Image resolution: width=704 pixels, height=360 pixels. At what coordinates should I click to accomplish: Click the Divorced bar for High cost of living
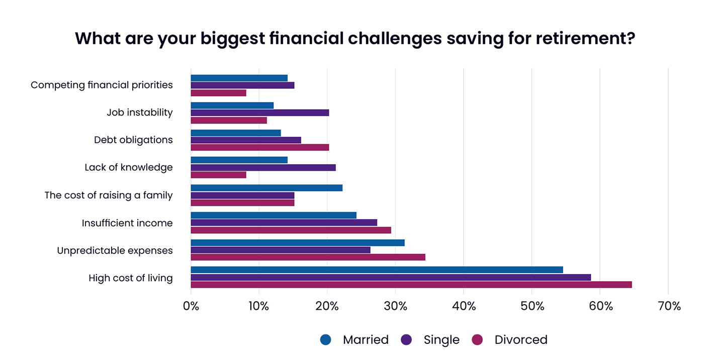(411, 285)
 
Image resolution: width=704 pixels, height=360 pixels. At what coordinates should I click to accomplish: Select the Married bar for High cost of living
(377, 269)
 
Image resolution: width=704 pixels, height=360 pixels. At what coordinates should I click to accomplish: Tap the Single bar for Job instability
(259, 113)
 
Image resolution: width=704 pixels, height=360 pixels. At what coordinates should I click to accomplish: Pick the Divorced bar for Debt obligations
(259, 147)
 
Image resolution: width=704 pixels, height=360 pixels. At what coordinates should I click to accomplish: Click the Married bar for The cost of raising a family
(267, 188)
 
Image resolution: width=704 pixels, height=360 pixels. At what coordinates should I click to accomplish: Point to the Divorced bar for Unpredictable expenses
(308, 257)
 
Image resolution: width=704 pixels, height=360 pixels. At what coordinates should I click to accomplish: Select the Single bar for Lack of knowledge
(263, 167)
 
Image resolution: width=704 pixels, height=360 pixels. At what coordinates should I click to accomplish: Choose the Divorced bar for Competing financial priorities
(218, 93)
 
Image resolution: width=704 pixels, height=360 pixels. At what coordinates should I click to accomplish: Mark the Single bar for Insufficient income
(284, 222)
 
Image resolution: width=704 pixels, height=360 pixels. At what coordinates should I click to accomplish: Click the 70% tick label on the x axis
(668, 306)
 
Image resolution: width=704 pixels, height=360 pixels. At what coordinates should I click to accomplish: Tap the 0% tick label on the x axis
(191, 306)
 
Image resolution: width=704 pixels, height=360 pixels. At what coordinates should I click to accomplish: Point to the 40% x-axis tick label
(464, 306)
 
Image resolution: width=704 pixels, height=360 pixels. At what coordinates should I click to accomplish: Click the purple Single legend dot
(406, 340)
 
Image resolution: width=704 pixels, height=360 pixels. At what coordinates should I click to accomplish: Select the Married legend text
(366, 340)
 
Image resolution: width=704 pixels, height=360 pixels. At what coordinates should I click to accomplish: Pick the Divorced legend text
(521, 340)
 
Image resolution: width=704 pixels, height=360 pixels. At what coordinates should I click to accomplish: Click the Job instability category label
(140, 113)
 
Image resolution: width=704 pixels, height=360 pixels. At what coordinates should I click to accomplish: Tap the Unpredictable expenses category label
(115, 250)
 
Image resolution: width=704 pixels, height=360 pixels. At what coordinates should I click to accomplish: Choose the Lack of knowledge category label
(129, 167)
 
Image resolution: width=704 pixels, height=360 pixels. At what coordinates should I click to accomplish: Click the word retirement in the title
(572, 39)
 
